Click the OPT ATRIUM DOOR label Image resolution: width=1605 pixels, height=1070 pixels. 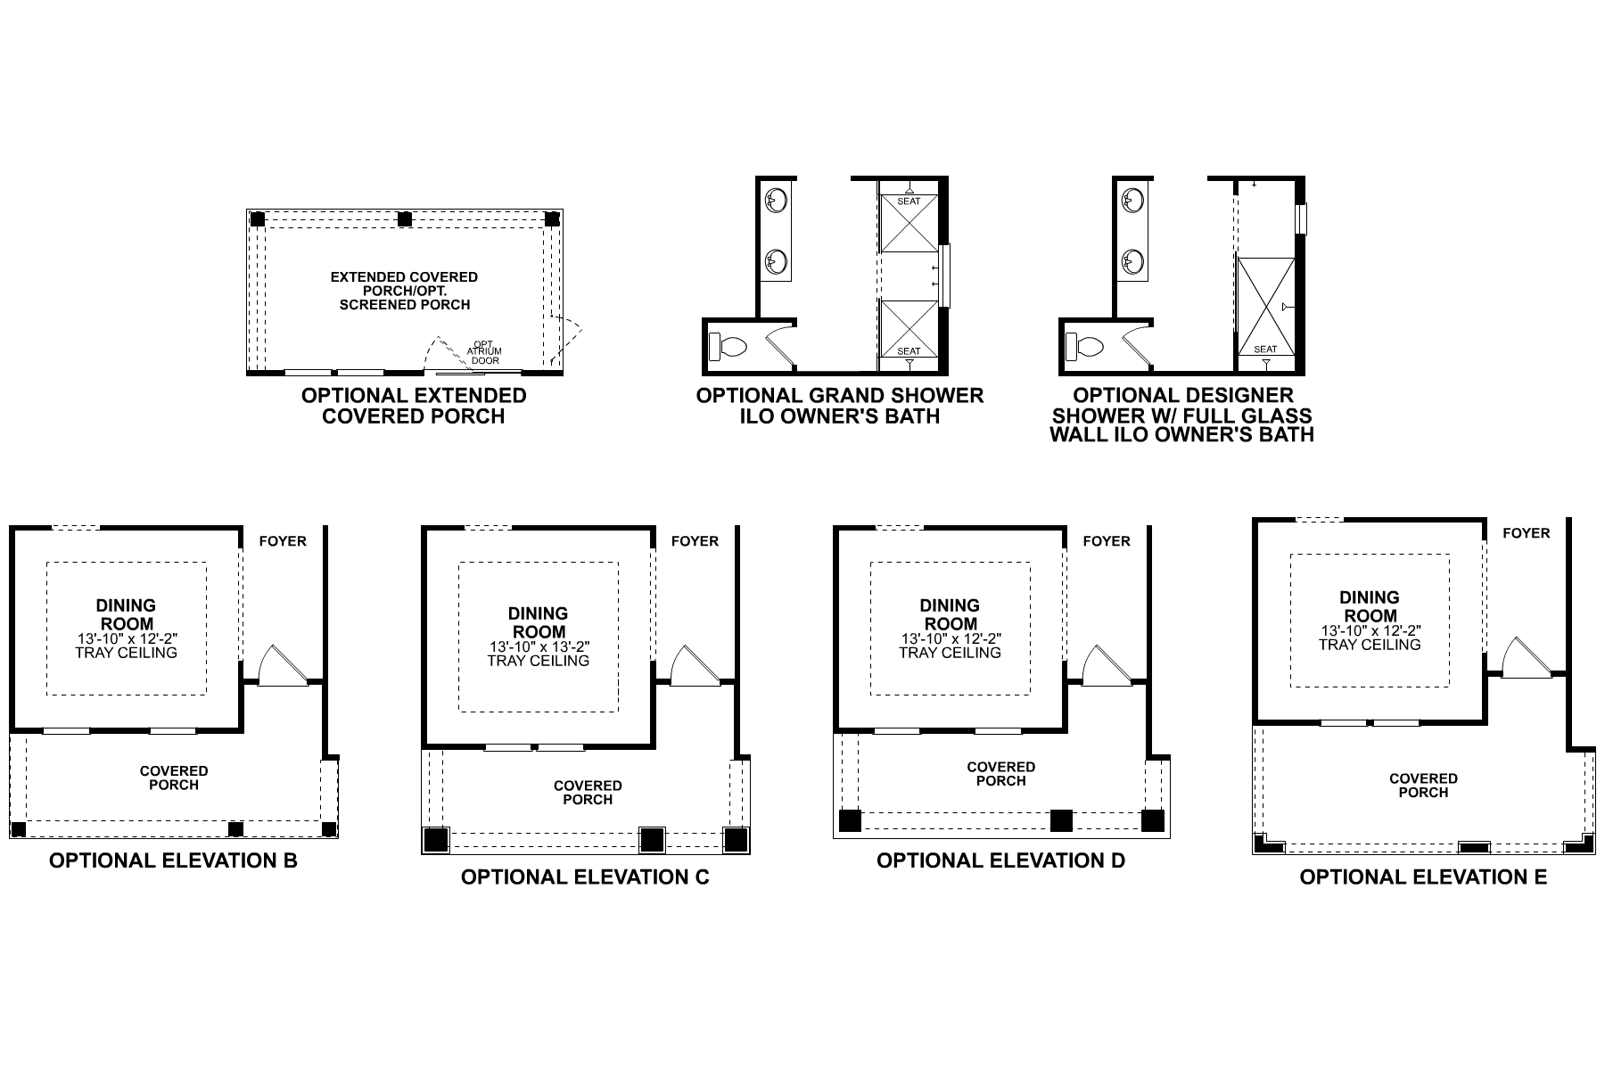click(x=484, y=351)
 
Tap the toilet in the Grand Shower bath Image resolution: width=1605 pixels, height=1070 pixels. click(x=727, y=346)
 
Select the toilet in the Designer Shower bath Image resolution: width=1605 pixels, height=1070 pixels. click(x=1083, y=346)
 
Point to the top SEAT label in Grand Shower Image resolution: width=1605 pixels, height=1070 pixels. click(x=909, y=202)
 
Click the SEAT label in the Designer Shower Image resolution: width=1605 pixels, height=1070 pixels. click(x=1265, y=350)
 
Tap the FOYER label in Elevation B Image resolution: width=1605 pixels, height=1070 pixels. click(x=283, y=541)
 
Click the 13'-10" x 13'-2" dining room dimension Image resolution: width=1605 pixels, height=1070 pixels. click(x=539, y=647)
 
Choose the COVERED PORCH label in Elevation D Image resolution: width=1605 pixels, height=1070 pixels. click(x=1000, y=774)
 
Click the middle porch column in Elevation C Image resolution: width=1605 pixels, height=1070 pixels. click(x=652, y=840)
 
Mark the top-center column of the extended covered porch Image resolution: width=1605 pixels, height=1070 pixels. click(x=404, y=219)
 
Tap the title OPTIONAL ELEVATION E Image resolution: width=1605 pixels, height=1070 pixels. click(x=1423, y=877)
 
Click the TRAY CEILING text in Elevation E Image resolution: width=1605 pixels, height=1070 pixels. click(x=1370, y=645)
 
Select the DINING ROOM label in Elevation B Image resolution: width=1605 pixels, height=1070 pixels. click(x=126, y=615)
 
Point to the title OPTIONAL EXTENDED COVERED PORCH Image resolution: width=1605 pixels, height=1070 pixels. click(x=414, y=406)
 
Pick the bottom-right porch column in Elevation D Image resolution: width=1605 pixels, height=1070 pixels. click(x=1153, y=820)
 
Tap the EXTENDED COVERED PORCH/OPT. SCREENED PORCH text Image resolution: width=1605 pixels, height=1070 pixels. click(x=404, y=291)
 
